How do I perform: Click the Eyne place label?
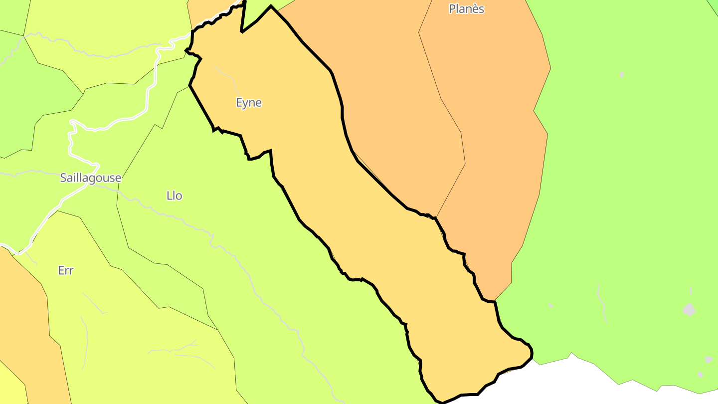pos(248,103)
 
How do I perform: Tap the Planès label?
pos(466,9)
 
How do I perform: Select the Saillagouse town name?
pos(90,178)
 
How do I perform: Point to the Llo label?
pos(174,196)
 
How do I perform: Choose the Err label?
pos(65,270)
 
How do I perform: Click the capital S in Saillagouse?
pos(63,178)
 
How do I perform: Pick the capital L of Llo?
pos(169,196)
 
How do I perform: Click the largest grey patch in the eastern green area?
pos(689,310)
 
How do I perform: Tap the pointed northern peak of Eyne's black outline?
pos(271,6)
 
